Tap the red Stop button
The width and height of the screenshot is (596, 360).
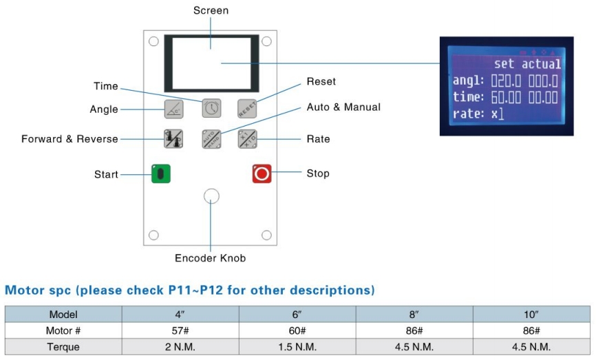pyautogui.click(x=262, y=173)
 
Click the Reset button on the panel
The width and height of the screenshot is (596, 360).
pyautogui.click(x=247, y=109)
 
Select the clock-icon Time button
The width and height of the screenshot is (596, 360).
pyautogui.click(x=211, y=108)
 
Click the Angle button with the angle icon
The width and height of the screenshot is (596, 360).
pyautogui.click(x=173, y=109)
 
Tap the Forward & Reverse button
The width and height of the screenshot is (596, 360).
pyautogui.click(x=173, y=139)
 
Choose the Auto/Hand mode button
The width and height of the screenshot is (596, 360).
pyautogui.click(x=211, y=139)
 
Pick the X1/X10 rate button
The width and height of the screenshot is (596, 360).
pyautogui.click(x=248, y=139)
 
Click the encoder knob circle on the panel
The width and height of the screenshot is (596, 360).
pyautogui.click(x=211, y=196)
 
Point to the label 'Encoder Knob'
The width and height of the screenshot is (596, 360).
pyautogui.click(x=210, y=258)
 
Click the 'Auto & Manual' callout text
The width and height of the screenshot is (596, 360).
pyautogui.click(x=343, y=107)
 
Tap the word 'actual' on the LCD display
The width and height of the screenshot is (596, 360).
pyautogui.click(x=541, y=64)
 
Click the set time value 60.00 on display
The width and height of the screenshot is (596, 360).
pyautogui.click(x=506, y=97)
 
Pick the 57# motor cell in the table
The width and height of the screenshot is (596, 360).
pyautogui.click(x=180, y=330)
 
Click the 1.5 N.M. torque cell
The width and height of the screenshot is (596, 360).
pyautogui.click(x=297, y=347)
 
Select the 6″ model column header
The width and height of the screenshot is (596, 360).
pyautogui.click(x=297, y=315)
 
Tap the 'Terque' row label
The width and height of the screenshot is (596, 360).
pyautogui.click(x=63, y=347)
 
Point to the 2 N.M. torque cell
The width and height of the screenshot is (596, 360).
pyautogui.click(x=180, y=347)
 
